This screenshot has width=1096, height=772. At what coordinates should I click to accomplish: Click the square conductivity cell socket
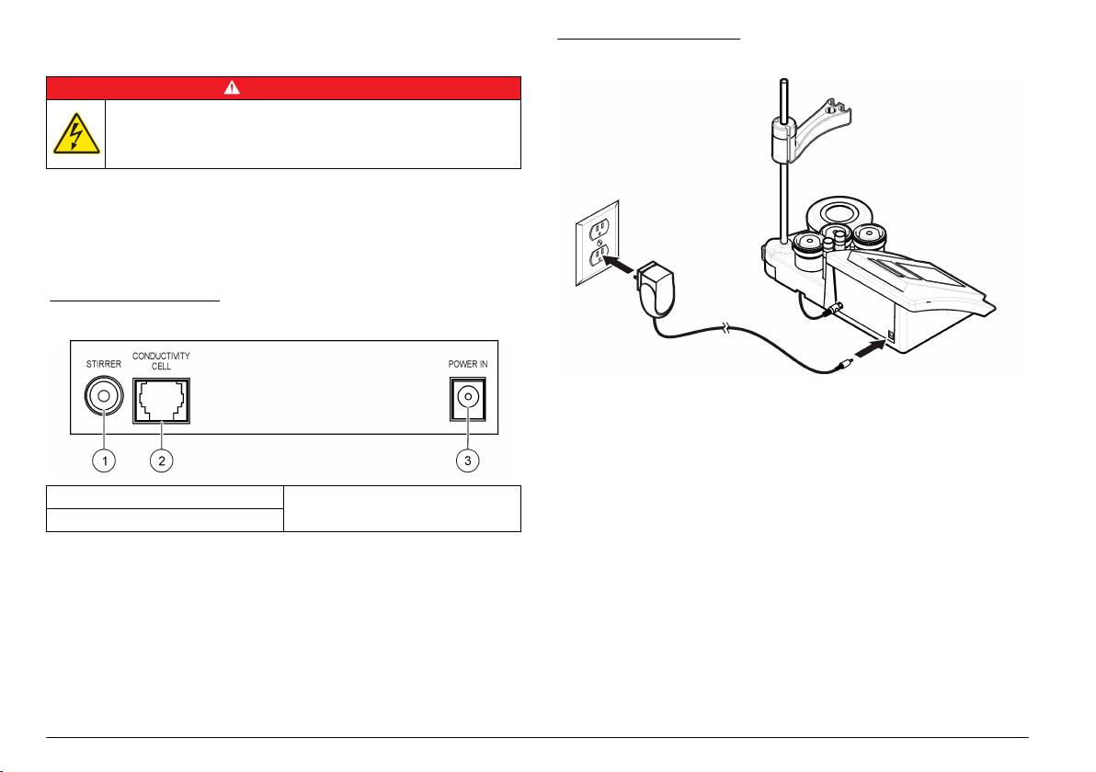tap(162, 401)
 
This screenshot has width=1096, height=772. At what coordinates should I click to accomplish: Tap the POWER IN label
tap(468, 362)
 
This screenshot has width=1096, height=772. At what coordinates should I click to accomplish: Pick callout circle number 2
tap(162, 460)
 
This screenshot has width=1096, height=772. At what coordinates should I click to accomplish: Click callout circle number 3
tap(469, 460)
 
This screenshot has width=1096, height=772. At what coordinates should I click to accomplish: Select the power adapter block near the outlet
tap(654, 280)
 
